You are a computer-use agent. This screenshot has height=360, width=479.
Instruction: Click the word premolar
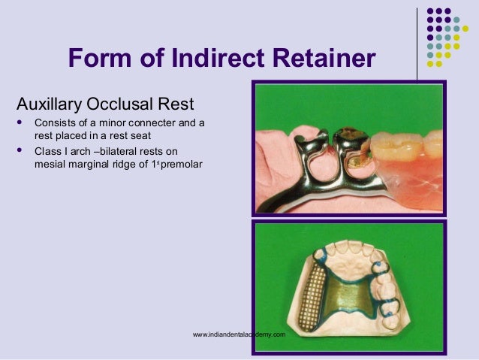[x=179, y=163]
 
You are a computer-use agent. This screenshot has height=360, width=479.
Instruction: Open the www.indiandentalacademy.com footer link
[x=239, y=334]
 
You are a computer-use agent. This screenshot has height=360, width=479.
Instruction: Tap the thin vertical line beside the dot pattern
[x=417, y=41]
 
